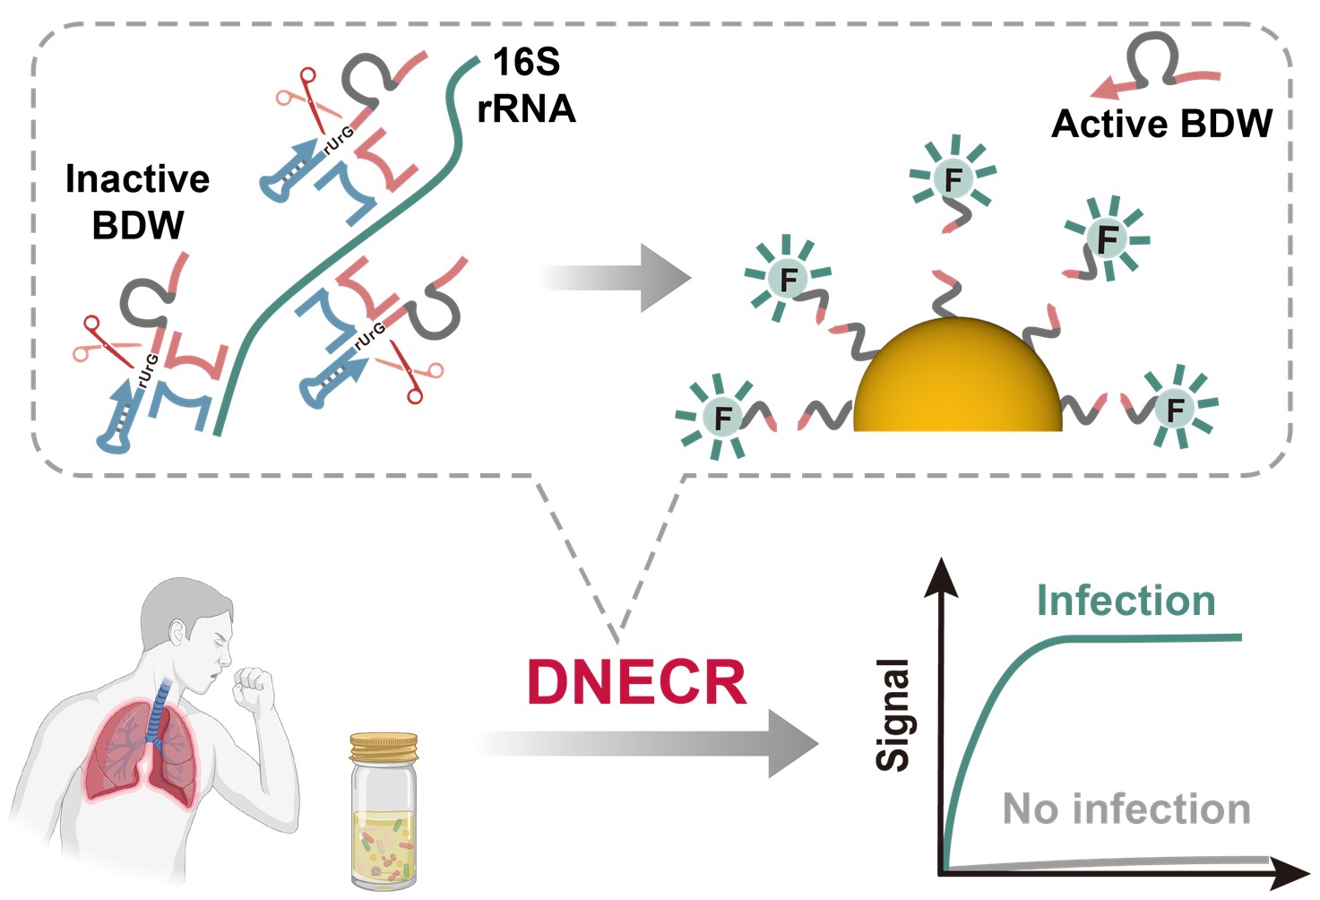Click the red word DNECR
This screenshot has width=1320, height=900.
point(637,683)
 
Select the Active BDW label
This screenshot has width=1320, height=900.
point(1161,124)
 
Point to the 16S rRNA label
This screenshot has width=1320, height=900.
point(526,86)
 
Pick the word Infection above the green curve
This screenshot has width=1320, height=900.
point(1126,601)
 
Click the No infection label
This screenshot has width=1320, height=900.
point(1126,809)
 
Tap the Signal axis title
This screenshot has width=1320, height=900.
point(893,714)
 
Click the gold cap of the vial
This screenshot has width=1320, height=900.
point(384,747)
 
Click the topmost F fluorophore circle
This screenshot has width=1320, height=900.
point(953,179)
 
